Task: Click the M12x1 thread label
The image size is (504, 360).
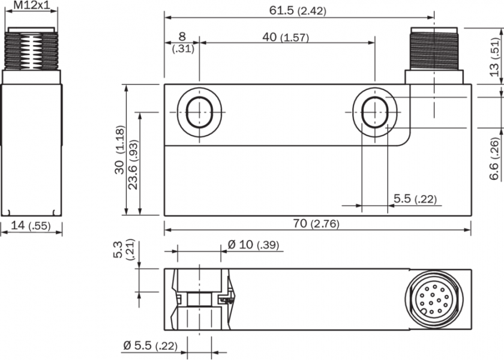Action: tap(31, 6)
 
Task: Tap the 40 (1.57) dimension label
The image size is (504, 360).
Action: tap(286, 37)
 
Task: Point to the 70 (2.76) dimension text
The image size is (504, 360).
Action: tap(316, 224)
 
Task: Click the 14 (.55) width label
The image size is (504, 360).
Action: tap(31, 226)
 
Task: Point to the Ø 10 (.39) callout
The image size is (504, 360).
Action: tap(253, 245)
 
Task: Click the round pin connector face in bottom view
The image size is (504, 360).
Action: tap(434, 299)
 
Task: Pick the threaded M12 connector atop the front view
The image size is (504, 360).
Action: tap(434, 48)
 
